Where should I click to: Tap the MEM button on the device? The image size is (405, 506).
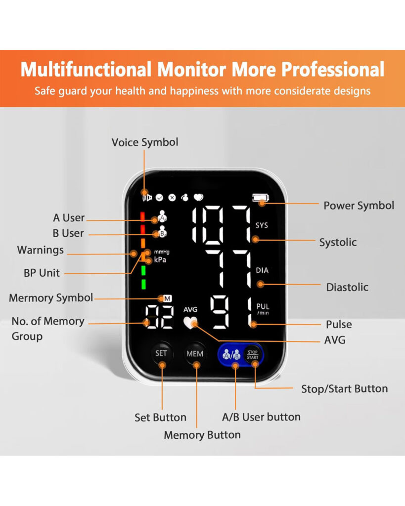click(x=195, y=354)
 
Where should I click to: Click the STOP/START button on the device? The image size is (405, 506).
click(x=253, y=354)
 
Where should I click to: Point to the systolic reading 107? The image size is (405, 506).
click(x=221, y=225)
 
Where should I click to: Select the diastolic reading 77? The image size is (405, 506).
click(x=228, y=270)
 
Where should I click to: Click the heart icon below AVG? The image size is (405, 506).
click(x=189, y=322)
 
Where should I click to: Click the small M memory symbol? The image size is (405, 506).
click(x=167, y=298)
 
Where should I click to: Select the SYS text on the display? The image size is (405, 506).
click(x=262, y=225)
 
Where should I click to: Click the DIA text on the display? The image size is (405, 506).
click(x=262, y=270)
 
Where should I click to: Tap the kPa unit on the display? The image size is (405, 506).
click(x=160, y=259)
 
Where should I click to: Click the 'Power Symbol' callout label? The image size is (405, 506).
click(x=359, y=206)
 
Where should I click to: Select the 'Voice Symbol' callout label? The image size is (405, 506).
click(x=144, y=142)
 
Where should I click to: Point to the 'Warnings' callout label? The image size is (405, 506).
click(x=41, y=250)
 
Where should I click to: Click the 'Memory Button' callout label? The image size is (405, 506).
click(x=202, y=435)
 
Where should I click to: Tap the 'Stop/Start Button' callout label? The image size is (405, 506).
click(x=344, y=389)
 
